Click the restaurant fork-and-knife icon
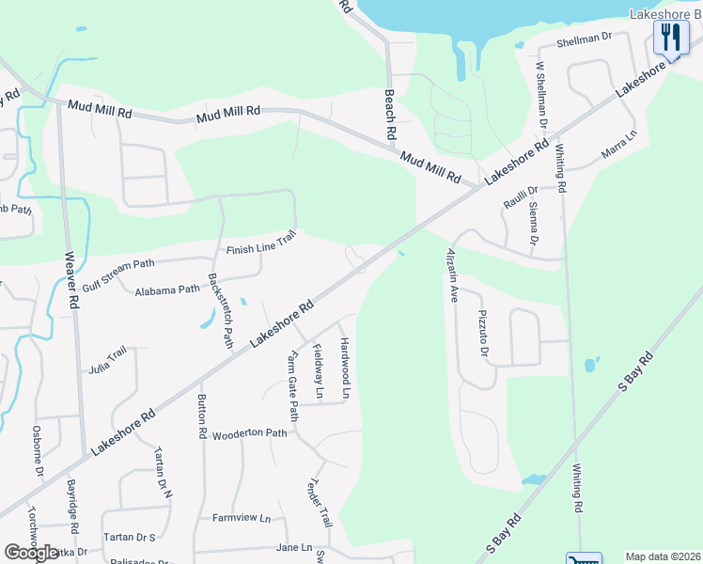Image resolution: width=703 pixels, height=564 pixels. pyautogui.click(x=670, y=38)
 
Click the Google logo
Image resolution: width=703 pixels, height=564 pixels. pyautogui.click(x=32, y=553)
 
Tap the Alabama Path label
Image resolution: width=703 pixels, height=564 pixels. pyautogui.click(x=167, y=290)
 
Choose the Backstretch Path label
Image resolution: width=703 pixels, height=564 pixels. pyautogui.click(x=220, y=310)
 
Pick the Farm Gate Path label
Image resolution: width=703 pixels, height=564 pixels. pyautogui.click(x=292, y=386)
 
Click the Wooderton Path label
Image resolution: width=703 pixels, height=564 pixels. pyautogui.click(x=249, y=433)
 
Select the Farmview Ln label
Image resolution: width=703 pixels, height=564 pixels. pyautogui.click(x=241, y=518)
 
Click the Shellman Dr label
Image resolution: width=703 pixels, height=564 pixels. pyautogui.click(x=584, y=39)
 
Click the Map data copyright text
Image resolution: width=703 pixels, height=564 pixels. pyautogui.click(x=662, y=556)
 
